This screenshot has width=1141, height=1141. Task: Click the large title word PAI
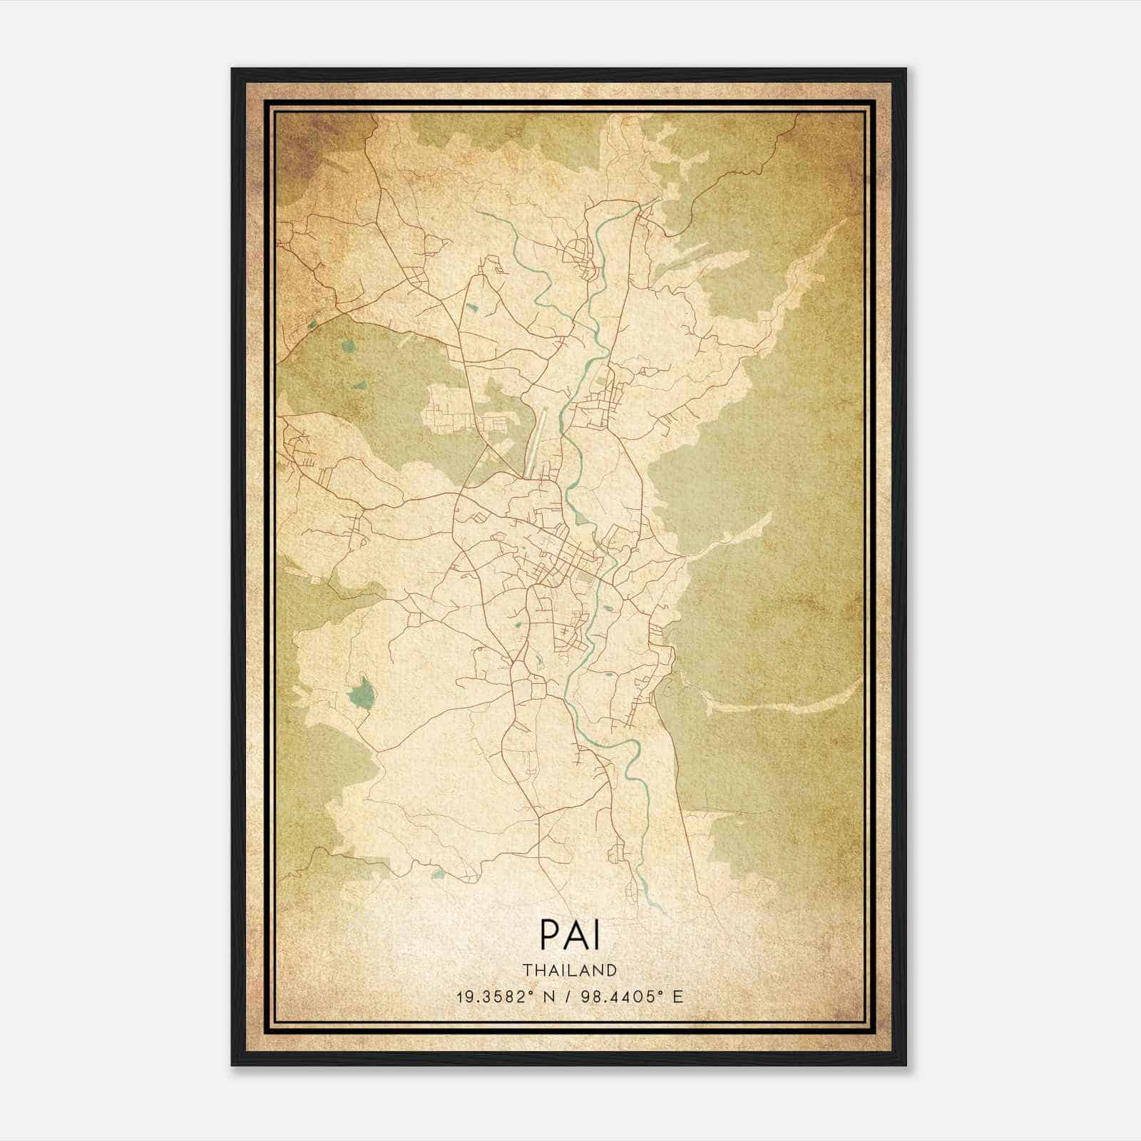570,934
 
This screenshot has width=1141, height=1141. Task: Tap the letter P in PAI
549,934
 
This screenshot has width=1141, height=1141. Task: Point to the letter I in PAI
596,934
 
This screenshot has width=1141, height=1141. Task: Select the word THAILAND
570,970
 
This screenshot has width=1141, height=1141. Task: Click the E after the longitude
678,996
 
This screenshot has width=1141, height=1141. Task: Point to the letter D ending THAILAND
611,970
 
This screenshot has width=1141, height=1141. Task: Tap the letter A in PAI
573,934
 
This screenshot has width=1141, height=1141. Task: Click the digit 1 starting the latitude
460,996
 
